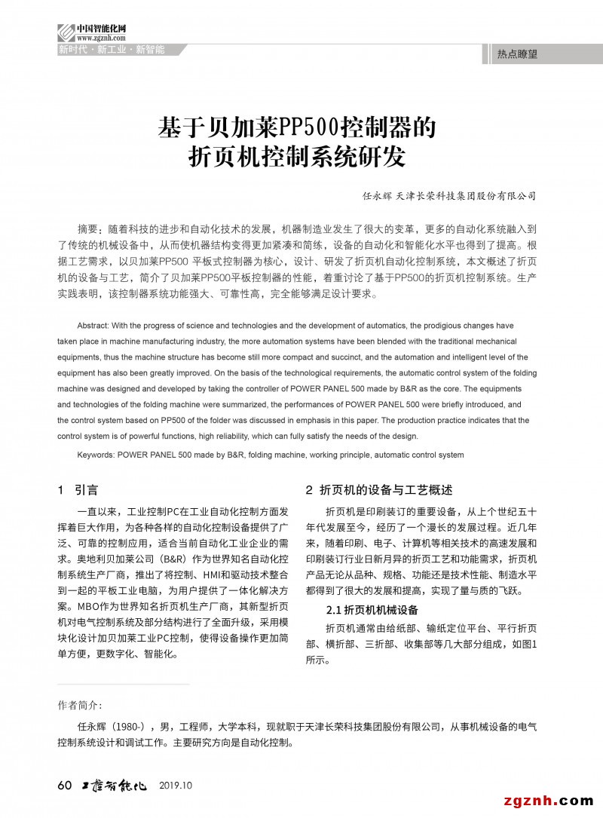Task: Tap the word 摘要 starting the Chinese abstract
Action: pos(88,228)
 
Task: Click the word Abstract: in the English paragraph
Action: pos(96,326)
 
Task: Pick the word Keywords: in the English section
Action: pos(96,455)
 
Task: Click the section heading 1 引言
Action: pos(78,490)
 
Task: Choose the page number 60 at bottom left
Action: pos(65,786)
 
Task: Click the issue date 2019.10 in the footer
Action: pos(176,786)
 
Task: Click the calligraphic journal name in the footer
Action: pos(113,786)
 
